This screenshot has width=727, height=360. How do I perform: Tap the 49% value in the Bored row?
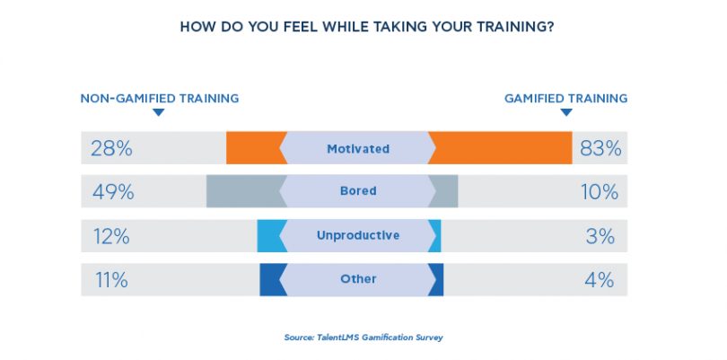point(113,191)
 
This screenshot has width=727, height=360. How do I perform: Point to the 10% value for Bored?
point(599,191)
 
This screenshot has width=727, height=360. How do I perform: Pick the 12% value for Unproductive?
point(112,236)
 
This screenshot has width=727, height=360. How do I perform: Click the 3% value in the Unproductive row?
point(600,236)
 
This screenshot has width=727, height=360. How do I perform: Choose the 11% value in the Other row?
point(110,279)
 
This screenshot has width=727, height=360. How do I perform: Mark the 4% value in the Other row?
point(600,279)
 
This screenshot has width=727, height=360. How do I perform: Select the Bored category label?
point(358,191)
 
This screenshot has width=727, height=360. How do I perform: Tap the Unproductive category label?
point(357,236)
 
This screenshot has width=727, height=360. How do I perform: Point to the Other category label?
point(358,279)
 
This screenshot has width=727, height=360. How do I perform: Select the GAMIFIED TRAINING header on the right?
point(565,98)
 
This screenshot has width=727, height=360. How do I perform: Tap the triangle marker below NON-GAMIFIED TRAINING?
point(159,113)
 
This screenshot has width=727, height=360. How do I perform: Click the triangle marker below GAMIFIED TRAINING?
point(565,113)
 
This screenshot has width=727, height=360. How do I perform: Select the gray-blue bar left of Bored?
point(242,191)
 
